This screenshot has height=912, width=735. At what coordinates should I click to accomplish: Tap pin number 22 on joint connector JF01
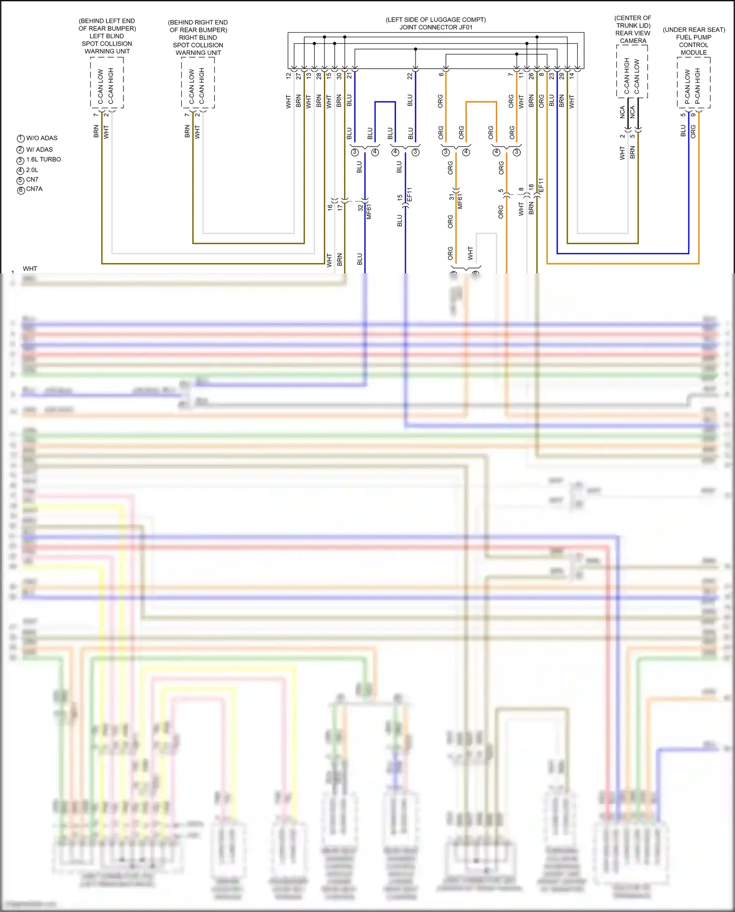click(410, 76)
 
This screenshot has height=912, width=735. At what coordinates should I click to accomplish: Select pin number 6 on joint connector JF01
click(441, 74)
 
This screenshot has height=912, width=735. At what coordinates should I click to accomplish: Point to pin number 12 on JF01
click(289, 76)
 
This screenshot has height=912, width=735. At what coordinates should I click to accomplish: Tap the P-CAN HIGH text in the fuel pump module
click(697, 86)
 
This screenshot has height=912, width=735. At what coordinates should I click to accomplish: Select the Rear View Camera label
click(633, 37)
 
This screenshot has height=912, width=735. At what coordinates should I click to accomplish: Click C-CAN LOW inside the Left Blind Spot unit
click(100, 87)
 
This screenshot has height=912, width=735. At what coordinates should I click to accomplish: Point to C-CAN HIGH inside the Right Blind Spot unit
click(201, 86)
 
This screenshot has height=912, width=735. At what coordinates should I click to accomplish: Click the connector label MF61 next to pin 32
click(368, 211)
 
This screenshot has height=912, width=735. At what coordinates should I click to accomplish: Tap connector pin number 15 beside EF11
click(399, 197)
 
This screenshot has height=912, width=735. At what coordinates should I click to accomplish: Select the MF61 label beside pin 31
click(460, 201)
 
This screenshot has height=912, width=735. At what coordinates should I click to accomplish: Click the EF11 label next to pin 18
click(541, 185)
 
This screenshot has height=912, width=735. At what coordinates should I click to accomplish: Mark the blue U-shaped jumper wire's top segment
click(385, 102)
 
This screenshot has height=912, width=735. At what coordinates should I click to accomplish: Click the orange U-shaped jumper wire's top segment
click(481, 102)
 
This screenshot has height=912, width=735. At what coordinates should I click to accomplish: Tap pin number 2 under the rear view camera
click(622, 136)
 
